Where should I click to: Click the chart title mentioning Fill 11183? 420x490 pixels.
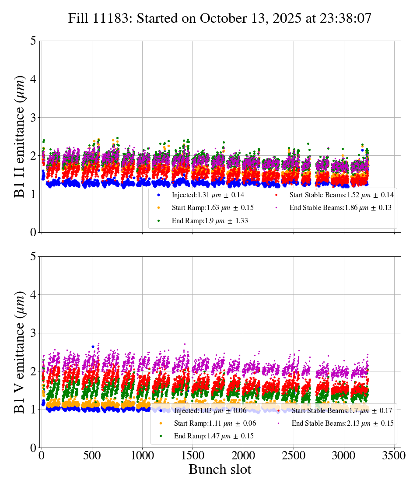pyautogui.click(x=220, y=18)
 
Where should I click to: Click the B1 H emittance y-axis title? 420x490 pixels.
pyautogui.click(x=20, y=136)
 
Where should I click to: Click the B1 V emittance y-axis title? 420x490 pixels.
pyautogui.click(x=20, y=352)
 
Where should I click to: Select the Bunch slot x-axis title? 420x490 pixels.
pyautogui.click(x=220, y=469)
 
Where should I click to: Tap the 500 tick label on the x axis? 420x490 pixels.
pyautogui.click(x=92, y=455)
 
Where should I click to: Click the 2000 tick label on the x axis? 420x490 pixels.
pyautogui.click(x=243, y=455)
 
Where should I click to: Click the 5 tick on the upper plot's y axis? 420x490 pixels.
pyautogui.click(x=33, y=41)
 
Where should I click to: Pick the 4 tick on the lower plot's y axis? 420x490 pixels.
pyautogui.click(x=33, y=294)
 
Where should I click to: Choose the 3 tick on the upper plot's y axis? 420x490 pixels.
pyautogui.click(x=33, y=117)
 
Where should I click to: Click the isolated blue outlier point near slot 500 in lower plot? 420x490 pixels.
pyautogui.click(x=93, y=346)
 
